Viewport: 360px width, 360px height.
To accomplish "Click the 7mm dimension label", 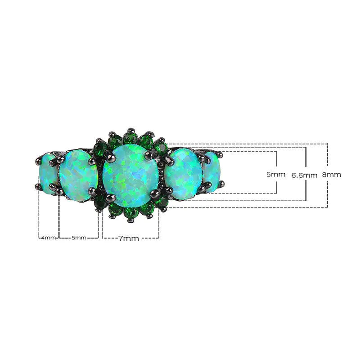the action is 129,238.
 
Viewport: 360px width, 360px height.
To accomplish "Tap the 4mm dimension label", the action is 49,238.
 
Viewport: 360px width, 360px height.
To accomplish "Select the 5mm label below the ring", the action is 79,238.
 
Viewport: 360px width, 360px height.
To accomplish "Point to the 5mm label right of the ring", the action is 276,174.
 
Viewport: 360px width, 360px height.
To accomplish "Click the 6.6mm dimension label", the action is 304,175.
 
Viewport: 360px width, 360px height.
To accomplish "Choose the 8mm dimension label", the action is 332,175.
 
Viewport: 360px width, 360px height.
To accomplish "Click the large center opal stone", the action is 130,176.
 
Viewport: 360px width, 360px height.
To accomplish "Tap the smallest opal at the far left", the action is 48,174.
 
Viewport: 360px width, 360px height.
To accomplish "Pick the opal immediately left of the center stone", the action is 78,175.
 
